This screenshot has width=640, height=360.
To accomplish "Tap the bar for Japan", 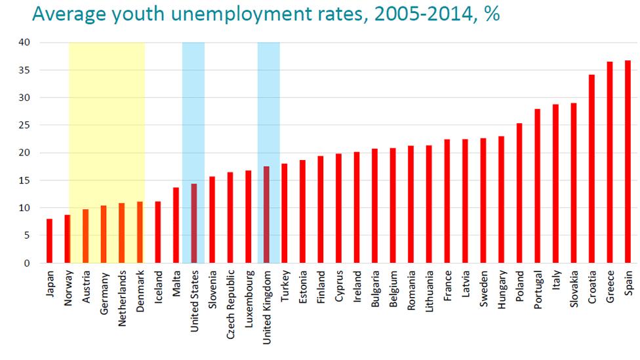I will [x=49, y=241].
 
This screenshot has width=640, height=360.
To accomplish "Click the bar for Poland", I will [x=519, y=193].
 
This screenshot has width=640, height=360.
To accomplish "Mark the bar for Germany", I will [x=103, y=234].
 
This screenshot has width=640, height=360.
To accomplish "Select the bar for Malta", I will [x=176, y=226].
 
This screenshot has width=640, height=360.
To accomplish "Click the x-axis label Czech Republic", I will [x=230, y=302].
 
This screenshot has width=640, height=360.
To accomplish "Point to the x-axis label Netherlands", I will [x=121, y=298].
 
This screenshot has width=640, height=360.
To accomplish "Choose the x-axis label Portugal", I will [x=538, y=289].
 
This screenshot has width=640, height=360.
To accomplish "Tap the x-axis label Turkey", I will [x=285, y=286].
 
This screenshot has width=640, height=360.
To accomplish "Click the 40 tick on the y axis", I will [x=26, y=43].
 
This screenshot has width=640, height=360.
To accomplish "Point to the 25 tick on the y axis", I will [x=26, y=125].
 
